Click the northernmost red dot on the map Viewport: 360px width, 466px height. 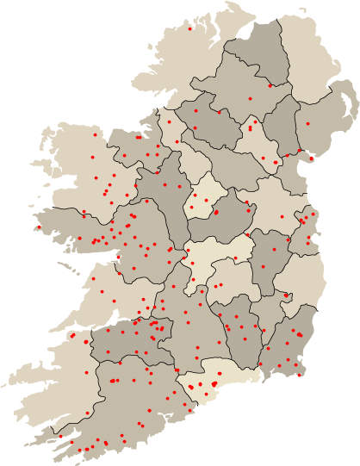click(x=190, y=28)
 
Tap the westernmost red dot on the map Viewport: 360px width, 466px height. click(x=39, y=227)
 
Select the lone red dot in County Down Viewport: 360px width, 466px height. click(x=307, y=124)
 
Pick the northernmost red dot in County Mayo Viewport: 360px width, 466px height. click(x=95, y=134)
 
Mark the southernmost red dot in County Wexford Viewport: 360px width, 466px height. click(x=299, y=375)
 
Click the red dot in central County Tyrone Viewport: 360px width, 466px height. click(x=251, y=98)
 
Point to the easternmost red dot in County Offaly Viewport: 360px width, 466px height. click(x=234, y=258)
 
